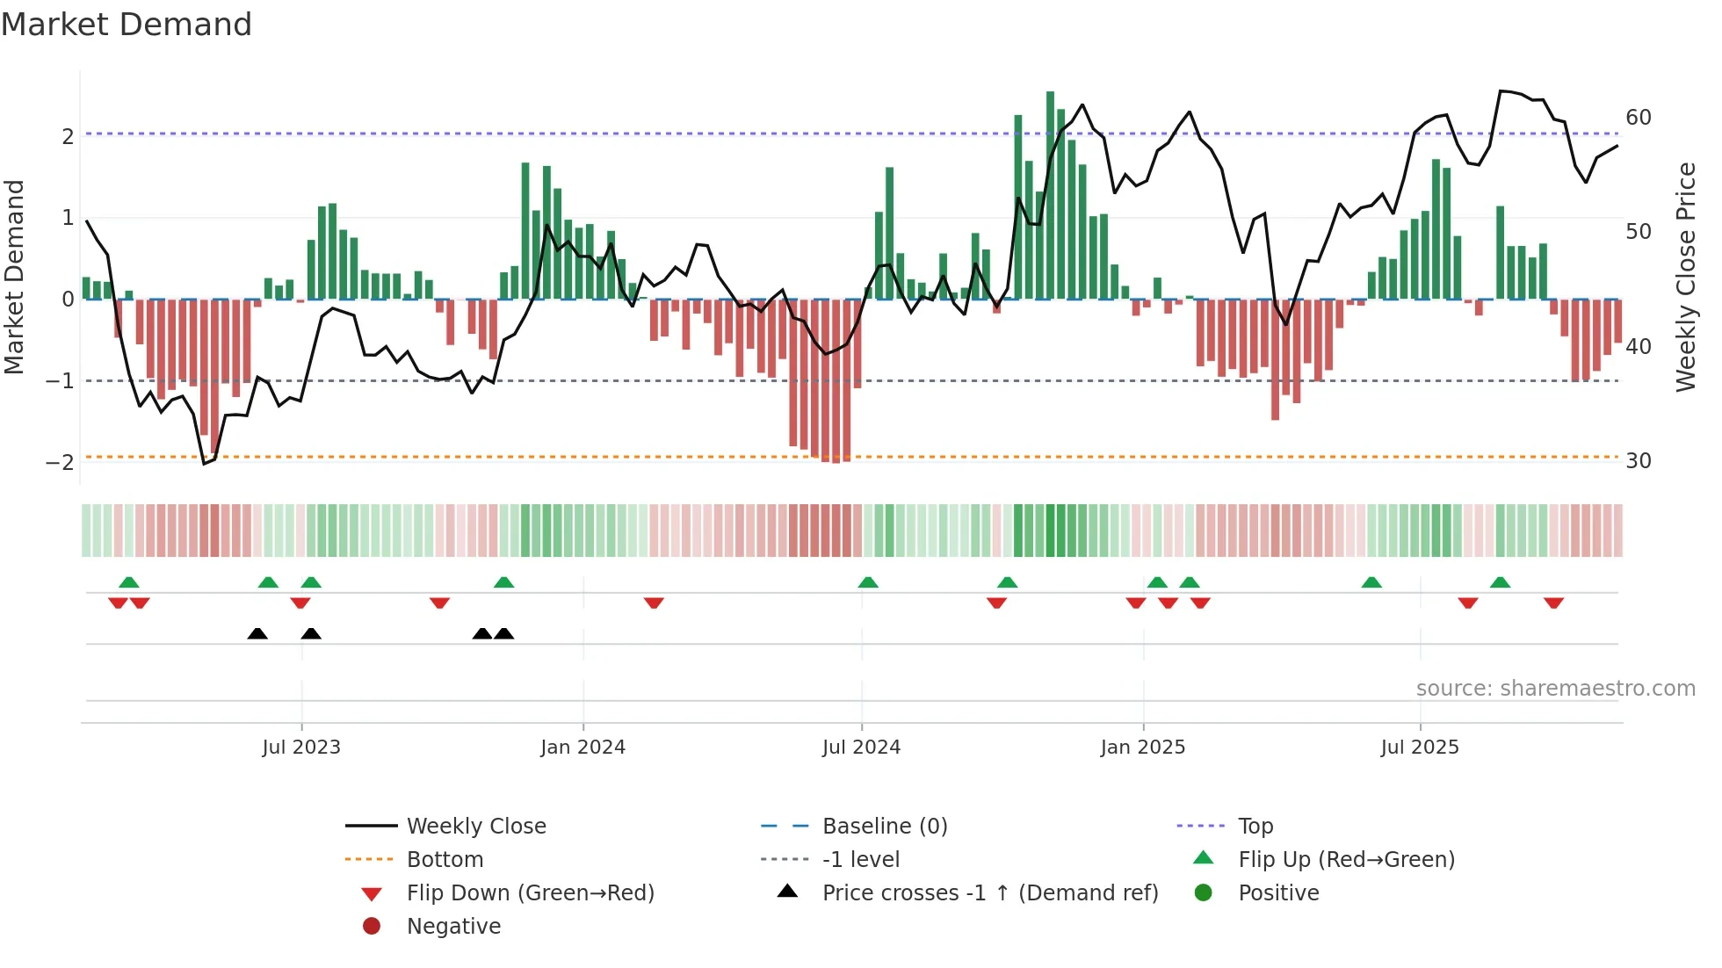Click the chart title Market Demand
coord(127,25)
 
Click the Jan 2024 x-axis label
coord(582,747)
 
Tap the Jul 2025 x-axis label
coord(1419,747)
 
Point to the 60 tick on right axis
coord(1638,117)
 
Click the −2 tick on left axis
coord(60,462)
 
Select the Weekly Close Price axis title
coord(1685,277)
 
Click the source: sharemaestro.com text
coord(1555,688)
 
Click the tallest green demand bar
coord(1050,195)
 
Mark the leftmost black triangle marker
coord(257,633)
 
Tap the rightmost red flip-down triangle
coord(1553,603)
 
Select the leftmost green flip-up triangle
coord(129,582)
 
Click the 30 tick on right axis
coord(1638,460)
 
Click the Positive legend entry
coord(1277,892)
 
